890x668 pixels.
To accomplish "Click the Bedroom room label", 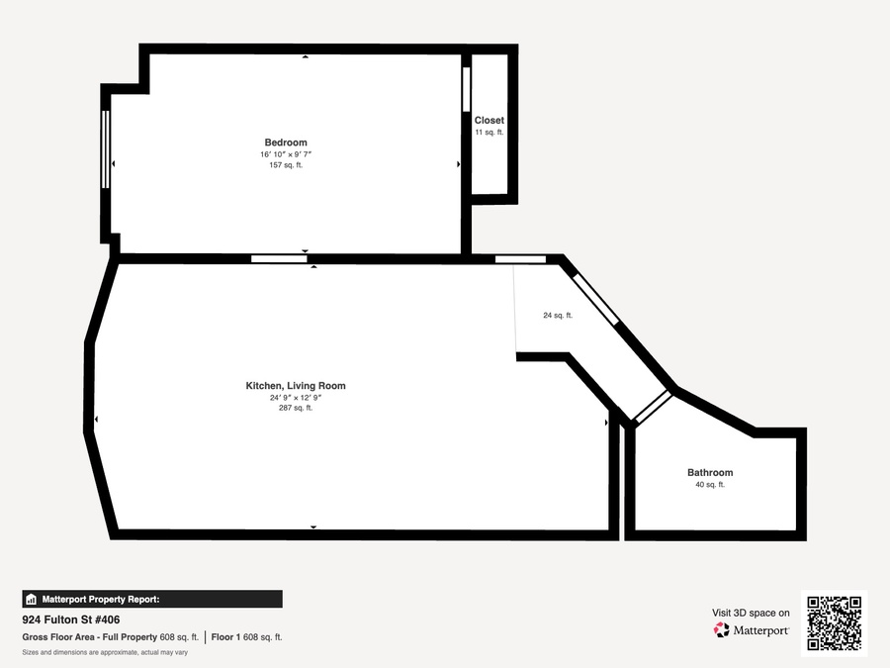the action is pos(286,143).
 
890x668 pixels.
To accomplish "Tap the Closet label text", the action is pos(489,121).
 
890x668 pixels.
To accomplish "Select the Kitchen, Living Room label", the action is pos(296,386).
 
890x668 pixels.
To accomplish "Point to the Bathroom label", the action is pos(710,473).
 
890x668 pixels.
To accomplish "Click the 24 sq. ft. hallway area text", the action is pos(558,316).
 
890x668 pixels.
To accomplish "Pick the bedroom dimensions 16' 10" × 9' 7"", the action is pos(286,154).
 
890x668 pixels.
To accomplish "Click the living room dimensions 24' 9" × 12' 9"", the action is pos(296,398).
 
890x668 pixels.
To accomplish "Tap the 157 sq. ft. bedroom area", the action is pos(286,165).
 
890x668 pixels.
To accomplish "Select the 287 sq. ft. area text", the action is pos(296,408).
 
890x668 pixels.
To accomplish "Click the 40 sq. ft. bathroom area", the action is pos(710,485).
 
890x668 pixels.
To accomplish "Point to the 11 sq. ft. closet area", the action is pos(489,133).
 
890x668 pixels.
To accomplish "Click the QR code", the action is pos(835,623).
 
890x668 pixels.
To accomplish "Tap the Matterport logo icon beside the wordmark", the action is pos(722,630).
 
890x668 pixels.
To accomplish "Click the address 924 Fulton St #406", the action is pos(71,620).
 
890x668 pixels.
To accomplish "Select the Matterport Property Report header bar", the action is pos(152,600).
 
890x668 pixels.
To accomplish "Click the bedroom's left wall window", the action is pos(105,149).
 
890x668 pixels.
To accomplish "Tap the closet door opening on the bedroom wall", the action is pos(467,89).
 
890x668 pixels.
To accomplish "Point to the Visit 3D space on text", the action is pos(751,613).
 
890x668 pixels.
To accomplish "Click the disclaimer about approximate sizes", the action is pos(105,653).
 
